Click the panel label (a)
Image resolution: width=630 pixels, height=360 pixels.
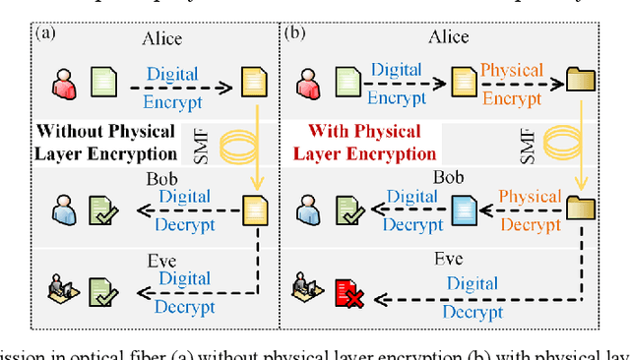pyautogui.click(x=46, y=33)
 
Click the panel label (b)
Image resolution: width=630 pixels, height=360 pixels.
pyautogui.click(x=295, y=33)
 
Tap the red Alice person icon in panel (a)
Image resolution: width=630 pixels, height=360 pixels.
pyautogui.click(x=64, y=82)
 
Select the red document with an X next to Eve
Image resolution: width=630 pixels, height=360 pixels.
pyautogui.click(x=347, y=292)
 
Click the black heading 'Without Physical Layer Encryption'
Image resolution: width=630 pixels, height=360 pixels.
pyautogui.click(x=105, y=142)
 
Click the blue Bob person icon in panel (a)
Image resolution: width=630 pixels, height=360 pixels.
pyautogui.click(x=64, y=210)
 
